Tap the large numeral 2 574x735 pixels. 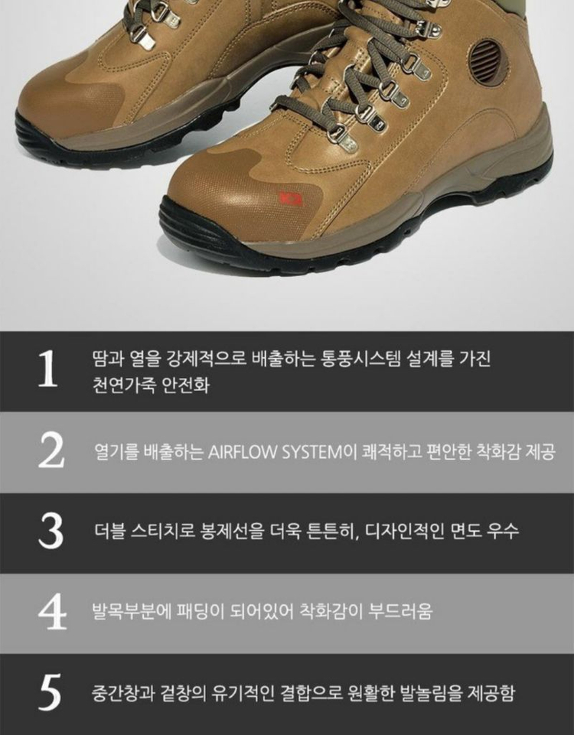click(51, 450)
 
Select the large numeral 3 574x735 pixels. click(51, 531)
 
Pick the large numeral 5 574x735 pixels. click(50, 692)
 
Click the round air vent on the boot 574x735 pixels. click(488, 63)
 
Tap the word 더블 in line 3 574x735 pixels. click(109, 531)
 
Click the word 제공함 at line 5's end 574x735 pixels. click(491, 692)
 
